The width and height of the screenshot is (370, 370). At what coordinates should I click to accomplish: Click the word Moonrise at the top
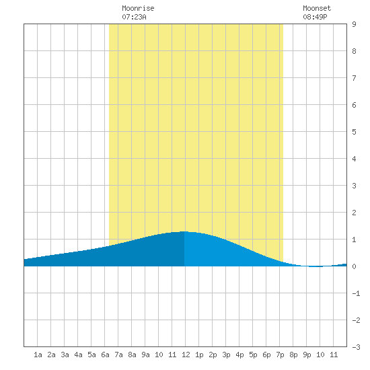click(138, 8)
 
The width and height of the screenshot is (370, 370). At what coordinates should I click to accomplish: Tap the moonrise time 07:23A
click(134, 17)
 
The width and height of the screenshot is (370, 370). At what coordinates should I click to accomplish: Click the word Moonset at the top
click(317, 8)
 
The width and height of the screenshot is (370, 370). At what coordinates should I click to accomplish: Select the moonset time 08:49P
click(315, 17)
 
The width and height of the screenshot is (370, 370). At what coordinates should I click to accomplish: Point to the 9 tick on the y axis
click(354, 24)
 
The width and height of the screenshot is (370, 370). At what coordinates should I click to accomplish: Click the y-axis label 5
click(354, 132)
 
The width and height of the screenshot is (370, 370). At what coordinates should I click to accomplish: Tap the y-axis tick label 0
click(354, 266)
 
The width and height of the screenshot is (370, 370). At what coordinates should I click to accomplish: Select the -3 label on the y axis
click(356, 347)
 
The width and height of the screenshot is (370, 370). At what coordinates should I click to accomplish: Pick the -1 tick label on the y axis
click(356, 293)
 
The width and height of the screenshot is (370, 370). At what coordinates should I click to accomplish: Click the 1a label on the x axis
click(38, 355)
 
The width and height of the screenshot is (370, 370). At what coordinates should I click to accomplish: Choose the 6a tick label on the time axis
click(105, 355)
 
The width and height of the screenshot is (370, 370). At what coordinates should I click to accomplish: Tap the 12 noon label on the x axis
click(186, 355)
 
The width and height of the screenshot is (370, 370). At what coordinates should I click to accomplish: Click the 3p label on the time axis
click(226, 355)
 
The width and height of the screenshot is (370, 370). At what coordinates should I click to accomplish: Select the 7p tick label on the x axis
click(280, 355)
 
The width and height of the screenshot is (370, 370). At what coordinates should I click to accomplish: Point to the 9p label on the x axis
click(307, 355)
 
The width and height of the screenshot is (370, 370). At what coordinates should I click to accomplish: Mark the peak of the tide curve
click(184, 231)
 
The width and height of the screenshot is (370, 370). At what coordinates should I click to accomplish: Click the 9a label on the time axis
click(145, 355)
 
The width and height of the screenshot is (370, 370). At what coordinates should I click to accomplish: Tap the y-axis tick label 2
click(354, 213)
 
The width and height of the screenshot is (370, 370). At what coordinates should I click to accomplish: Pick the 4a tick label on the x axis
click(78, 355)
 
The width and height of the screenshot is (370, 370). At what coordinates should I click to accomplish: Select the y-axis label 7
click(354, 78)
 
